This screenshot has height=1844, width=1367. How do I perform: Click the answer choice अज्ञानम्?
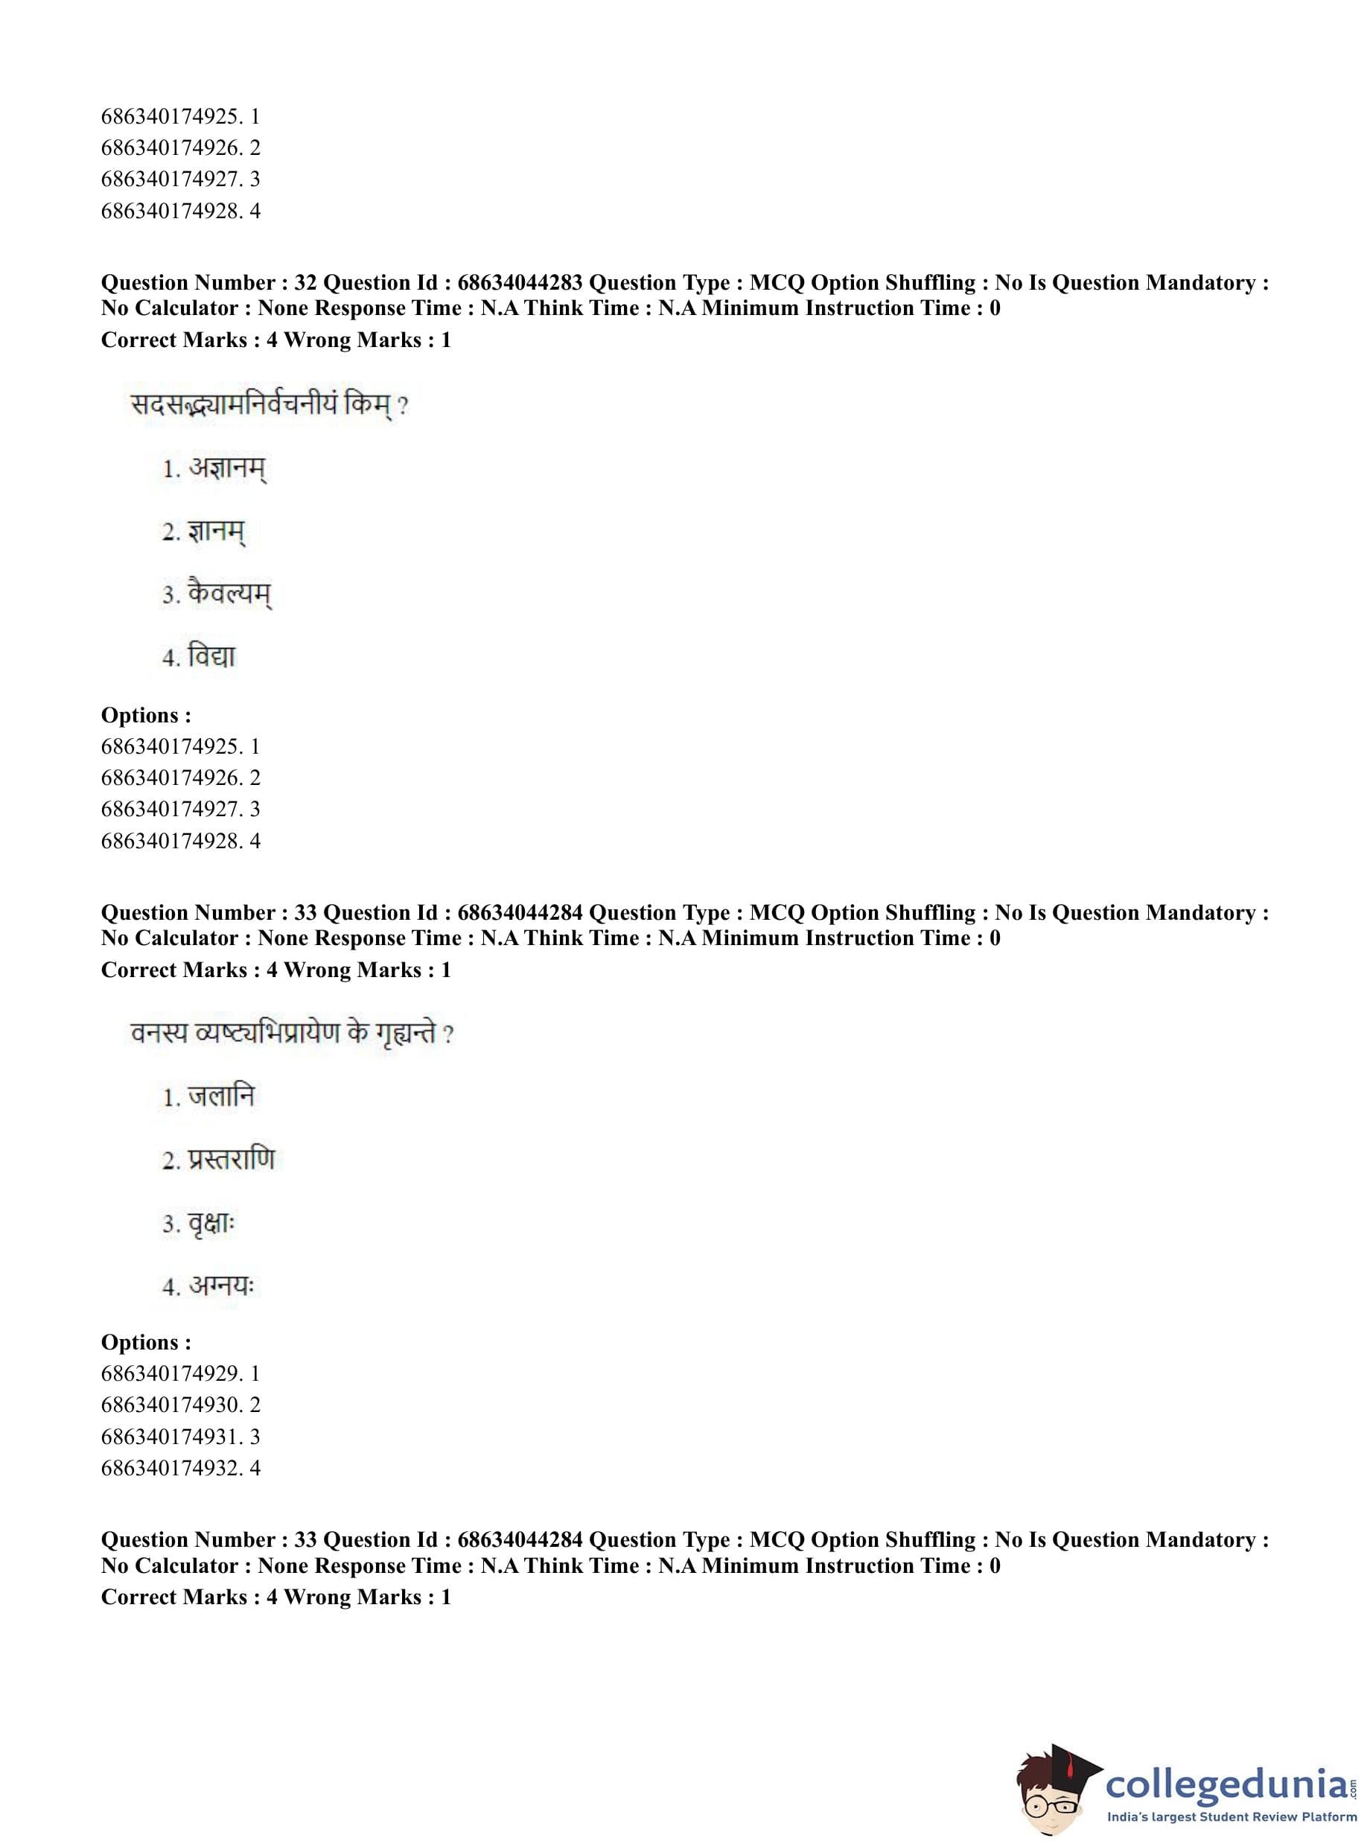point(227,468)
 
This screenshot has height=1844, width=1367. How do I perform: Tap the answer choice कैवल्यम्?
point(229,594)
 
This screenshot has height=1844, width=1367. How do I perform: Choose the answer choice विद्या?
point(211,657)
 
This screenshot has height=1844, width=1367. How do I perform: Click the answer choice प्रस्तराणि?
point(231,1160)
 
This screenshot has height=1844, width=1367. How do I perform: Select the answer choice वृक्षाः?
point(211,1224)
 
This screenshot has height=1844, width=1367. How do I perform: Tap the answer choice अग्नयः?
point(221,1286)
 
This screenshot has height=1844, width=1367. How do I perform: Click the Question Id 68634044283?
point(520,283)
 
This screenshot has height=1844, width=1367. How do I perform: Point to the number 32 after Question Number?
point(305,283)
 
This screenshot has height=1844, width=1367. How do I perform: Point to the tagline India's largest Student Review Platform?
point(1231,1816)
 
